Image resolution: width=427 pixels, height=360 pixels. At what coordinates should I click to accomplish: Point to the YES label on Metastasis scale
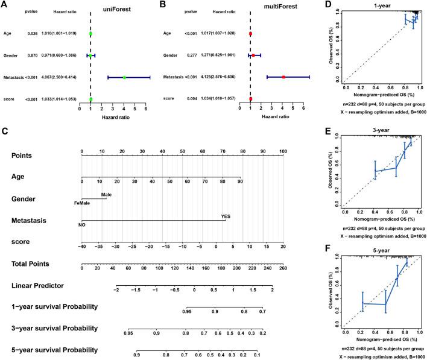click(x=226, y=215)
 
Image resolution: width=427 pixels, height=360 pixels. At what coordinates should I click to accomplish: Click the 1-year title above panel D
click(x=379, y=5)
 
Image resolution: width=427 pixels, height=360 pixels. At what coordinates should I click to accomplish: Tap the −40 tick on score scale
click(x=81, y=246)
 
